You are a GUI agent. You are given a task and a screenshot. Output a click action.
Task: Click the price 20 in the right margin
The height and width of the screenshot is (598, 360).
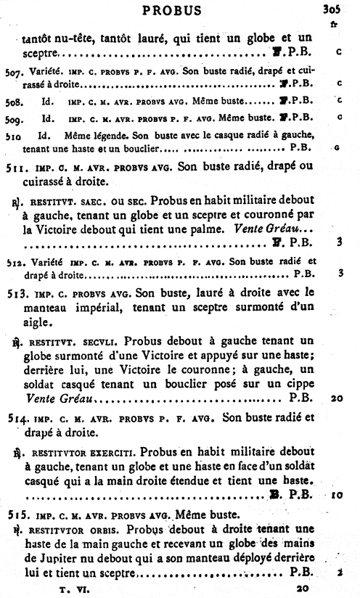click(x=335, y=398)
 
